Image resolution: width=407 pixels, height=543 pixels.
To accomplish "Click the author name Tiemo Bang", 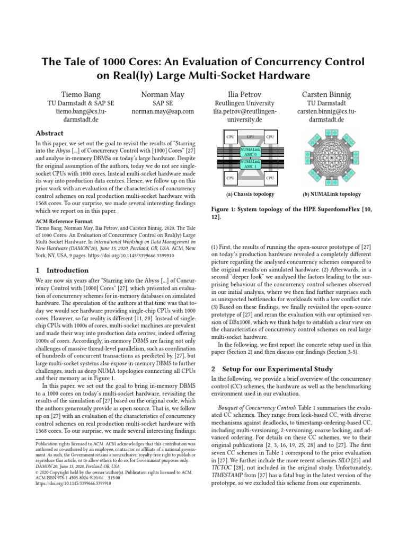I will [81, 95].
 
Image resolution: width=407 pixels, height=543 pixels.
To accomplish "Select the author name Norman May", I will [163, 95].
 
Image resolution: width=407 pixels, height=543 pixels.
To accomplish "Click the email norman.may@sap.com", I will [163, 112].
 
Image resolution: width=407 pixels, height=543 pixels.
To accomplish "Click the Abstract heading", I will [49, 133].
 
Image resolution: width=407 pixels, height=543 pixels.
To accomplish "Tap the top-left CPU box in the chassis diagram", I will [231, 137].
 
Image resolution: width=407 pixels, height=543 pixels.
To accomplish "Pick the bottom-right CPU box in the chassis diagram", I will [270, 178].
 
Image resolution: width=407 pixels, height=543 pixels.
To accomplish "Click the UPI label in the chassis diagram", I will [250, 137].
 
